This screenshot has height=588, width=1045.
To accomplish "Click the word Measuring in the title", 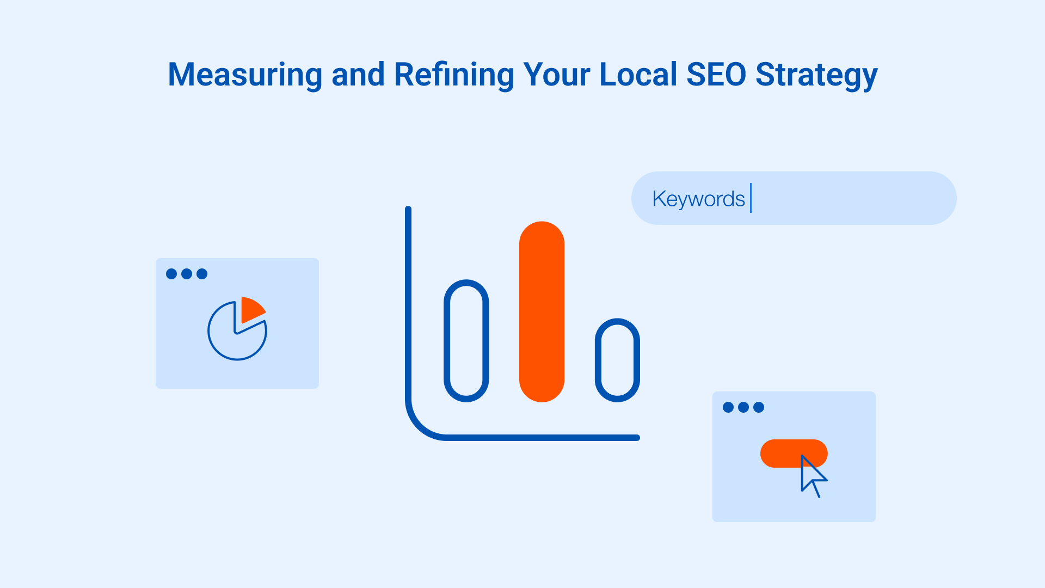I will click(x=245, y=75).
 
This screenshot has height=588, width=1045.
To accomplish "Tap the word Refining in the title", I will click(x=454, y=75).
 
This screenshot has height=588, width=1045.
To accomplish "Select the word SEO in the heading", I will click(x=716, y=75).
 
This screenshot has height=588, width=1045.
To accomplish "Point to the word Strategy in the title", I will click(x=816, y=75).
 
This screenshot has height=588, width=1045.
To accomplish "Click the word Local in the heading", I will click(x=638, y=75).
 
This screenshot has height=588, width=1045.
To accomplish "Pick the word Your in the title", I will click(x=556, y=75).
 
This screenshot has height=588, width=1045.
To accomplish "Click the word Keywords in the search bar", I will click(x=698, y=199).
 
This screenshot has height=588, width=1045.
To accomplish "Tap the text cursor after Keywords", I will click(x=751, y=198).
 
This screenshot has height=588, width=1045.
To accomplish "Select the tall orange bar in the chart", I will click(x=542, y=311).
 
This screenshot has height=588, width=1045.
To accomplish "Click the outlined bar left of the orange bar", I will click(x=466, y=341).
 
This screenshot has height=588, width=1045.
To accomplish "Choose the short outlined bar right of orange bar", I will click(x=617, y=360).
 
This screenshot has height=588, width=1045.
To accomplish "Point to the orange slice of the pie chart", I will click(x=251, y=309).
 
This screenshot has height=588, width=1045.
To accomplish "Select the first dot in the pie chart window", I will click(x=171, y=274).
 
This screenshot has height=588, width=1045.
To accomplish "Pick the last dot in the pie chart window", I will click(x=202, y=274).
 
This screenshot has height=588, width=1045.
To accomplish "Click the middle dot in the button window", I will click(x=743, y=407).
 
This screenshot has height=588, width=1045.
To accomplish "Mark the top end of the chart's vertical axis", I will click(x=408, y=210).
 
